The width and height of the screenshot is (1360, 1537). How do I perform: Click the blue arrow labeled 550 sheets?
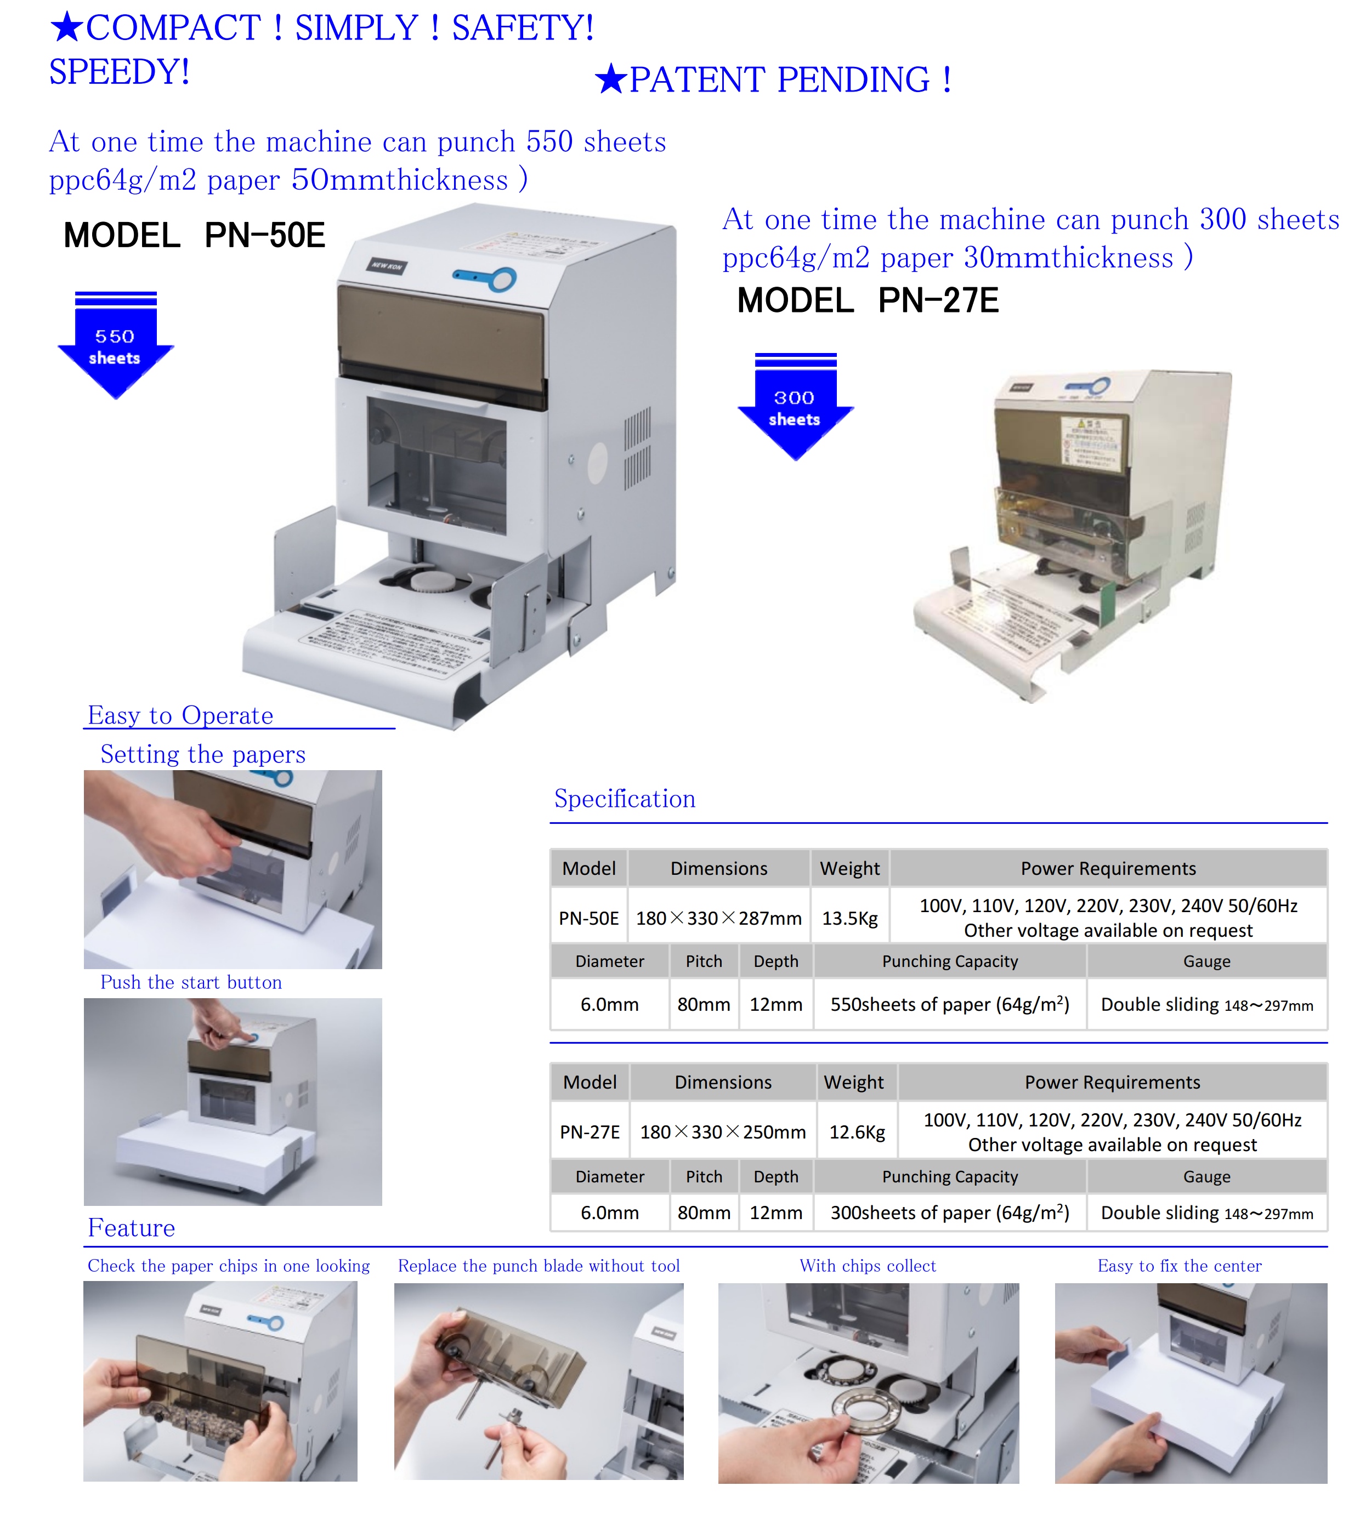(x=115, y=346)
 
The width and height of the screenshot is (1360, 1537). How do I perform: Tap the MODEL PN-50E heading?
(x=194, y=235)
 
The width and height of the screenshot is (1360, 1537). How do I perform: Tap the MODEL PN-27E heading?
(x=868, y=301)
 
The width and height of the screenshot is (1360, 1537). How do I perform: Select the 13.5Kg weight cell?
(x=849, y=918)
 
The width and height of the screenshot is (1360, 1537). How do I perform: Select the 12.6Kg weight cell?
(x=856, y=1132)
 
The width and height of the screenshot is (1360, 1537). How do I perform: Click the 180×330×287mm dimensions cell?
(x=718, y=918)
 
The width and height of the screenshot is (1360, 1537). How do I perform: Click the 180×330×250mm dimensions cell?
(x=722, y=1132)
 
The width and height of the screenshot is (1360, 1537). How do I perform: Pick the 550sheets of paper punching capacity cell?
(x=949, y=1005)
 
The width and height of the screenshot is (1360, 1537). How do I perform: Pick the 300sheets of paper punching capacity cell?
(x=949, y=1213)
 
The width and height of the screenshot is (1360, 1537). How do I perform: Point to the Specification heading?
(x=624, y=799)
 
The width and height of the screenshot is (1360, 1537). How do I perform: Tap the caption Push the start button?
(x=191, y=982)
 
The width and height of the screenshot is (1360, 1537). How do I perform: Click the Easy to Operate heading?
(x=180, y=715)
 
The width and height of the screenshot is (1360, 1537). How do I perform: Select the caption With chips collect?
(x=868, y=1266)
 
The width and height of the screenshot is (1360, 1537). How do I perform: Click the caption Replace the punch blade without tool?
(x=539, y=1266)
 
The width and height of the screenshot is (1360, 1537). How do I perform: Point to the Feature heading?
(x=131, y=1228)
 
